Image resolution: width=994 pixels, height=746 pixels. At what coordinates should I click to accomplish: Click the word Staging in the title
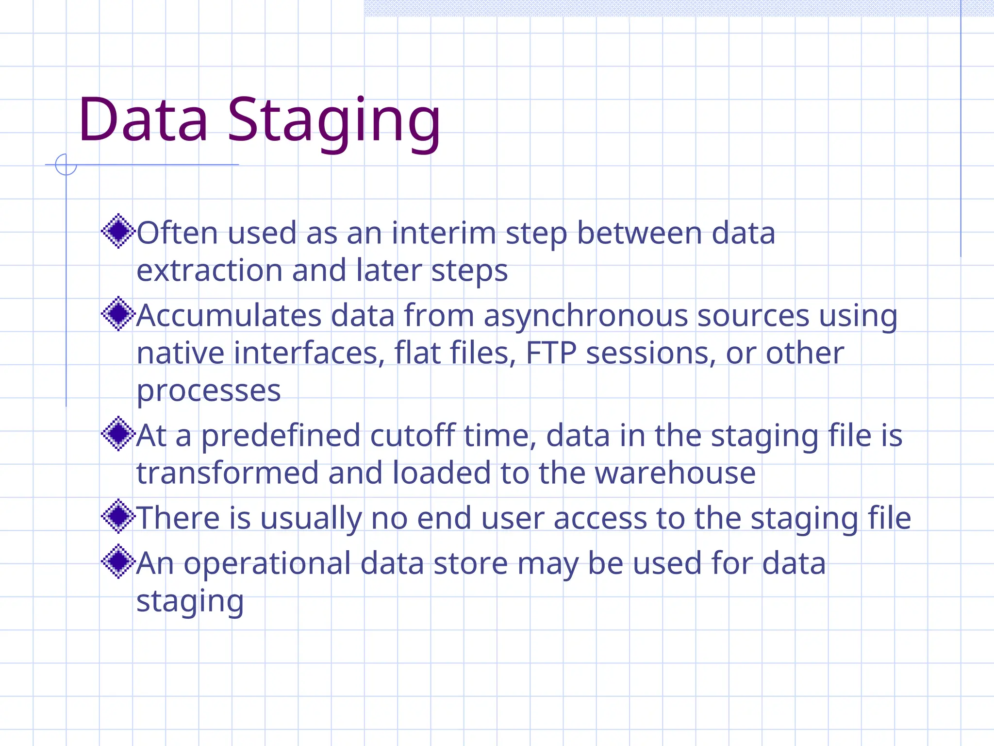click(334, 121)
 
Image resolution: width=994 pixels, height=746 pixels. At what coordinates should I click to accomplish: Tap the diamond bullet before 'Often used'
click(118, 231)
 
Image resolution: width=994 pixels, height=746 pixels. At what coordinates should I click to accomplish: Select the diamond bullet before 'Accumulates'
click(118, 314)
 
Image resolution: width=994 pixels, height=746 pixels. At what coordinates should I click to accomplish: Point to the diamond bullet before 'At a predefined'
click(118, 434)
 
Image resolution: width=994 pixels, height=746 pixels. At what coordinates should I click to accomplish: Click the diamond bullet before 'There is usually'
click(118, 516)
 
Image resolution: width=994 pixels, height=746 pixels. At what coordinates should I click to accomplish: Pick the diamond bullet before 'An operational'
click(118, 562)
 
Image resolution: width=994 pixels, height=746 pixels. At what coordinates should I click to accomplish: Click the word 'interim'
click(444, 233)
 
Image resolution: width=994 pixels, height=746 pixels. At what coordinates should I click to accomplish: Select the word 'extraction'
click(209, 271)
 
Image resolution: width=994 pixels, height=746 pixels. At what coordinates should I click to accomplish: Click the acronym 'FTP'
click(551, 353)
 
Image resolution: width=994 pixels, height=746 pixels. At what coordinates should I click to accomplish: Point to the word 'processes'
click(209, 391)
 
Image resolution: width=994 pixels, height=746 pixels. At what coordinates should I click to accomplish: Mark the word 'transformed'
click(227, 473)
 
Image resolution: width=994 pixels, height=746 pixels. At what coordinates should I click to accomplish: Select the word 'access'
click(600, 519)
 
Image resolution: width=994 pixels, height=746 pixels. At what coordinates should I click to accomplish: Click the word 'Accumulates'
click(229, 316)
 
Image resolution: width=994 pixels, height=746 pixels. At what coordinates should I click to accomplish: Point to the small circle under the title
click(66, 164)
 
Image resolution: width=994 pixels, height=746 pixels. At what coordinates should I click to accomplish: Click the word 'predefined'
click(281, 437)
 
